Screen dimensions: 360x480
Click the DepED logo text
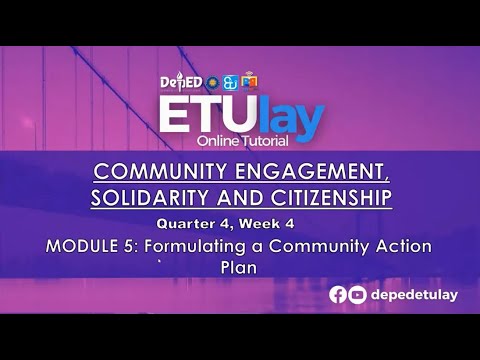tap(182, 82)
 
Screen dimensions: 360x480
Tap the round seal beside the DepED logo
tap(212, 82)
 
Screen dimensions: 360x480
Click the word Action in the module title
tap(397, 246)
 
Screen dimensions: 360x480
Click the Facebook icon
tap(339, 294)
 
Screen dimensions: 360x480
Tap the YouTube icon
tap(357, 294)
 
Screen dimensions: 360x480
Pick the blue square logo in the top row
tap(229, 82)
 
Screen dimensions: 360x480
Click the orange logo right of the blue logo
tap(249, 81)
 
